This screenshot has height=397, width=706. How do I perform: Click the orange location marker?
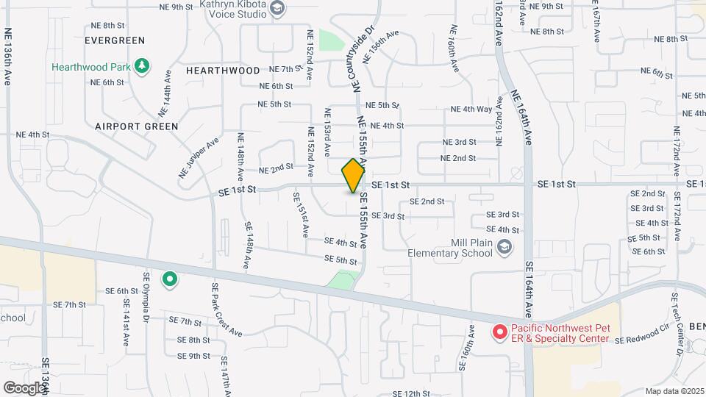point(353,176)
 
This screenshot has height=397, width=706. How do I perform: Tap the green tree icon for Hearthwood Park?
point(143,67)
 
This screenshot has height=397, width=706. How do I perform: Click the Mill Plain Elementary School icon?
point(504,248)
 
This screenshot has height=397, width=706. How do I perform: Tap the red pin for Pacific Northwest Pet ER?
point(499,332)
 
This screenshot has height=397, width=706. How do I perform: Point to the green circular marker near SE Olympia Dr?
point(170,279)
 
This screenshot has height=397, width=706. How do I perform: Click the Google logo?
point(24,387)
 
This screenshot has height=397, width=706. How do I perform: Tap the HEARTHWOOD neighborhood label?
point(223,71)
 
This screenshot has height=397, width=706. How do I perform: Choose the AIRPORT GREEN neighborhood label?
point(137,126)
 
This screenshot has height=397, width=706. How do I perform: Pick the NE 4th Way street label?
point(472,110)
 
